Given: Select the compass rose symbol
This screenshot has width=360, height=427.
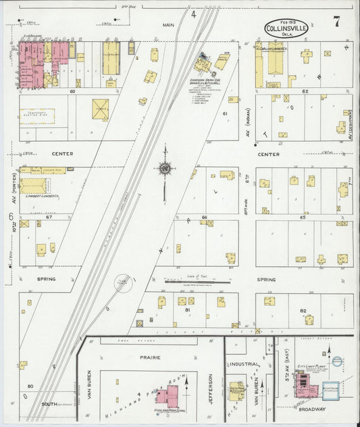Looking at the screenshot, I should [164, 168].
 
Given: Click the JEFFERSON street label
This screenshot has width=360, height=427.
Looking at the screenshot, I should [211, 388].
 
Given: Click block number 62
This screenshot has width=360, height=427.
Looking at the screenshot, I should [305, 91].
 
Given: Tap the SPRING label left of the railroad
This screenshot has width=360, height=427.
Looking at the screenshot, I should [46, 278].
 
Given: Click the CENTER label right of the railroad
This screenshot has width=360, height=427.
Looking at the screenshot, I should [268, 154].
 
